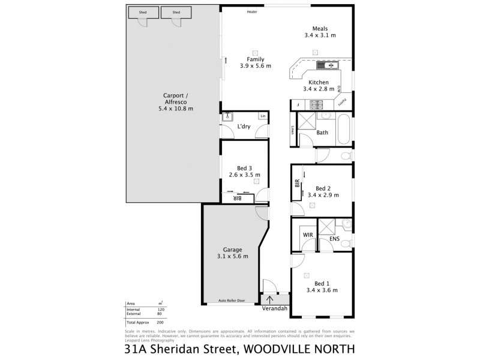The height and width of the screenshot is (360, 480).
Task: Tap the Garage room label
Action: (233, 249)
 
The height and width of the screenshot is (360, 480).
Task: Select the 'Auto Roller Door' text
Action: (232, 300)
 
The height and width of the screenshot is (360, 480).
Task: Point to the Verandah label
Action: (275, 310)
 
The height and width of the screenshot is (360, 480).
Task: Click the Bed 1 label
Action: (322, 283)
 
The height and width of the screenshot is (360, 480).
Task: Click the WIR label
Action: (308, 235)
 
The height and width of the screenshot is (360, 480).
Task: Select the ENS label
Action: (335, 239)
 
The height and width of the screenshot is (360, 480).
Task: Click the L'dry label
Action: (244, 126)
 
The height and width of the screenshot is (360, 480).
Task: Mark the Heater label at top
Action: (252, 11)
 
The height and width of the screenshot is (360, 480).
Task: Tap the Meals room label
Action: (319, 28)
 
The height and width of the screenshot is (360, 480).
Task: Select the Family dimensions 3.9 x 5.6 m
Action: (256, 65)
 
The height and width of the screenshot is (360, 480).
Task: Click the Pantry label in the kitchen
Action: (341, 102)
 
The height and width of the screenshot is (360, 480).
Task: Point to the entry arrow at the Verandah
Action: (270, 299)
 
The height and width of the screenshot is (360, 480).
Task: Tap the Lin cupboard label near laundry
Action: (262, 115)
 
